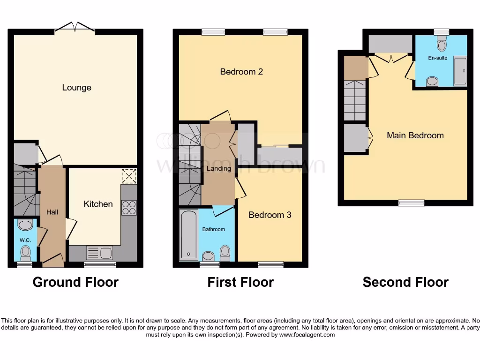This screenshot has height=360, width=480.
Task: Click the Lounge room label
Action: pos(76,88)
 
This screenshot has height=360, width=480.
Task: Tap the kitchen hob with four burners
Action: pos(129,208)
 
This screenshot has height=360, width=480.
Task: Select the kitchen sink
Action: pos(99,253)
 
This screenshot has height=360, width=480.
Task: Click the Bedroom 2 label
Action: pos(241,72)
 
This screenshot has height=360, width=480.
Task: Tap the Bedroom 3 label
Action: pos(270,215)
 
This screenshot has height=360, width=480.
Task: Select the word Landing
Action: pos(218,168)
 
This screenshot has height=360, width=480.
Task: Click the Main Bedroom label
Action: pos(415,135)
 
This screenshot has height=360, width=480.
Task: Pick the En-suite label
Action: pos(437,58)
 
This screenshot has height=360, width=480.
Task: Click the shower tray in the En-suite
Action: pos(460,71)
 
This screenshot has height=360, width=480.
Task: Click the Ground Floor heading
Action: pos(75,282)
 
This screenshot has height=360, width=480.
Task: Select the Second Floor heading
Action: pos(405,282)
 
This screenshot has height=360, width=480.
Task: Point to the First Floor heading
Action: pos(240,282)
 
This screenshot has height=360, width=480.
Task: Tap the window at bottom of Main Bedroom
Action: pos(411,202)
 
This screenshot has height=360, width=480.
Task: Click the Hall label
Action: pos(52,212)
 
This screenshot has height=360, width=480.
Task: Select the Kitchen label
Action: pos(98,204)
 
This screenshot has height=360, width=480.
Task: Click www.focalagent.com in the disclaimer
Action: pos(306,335)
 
